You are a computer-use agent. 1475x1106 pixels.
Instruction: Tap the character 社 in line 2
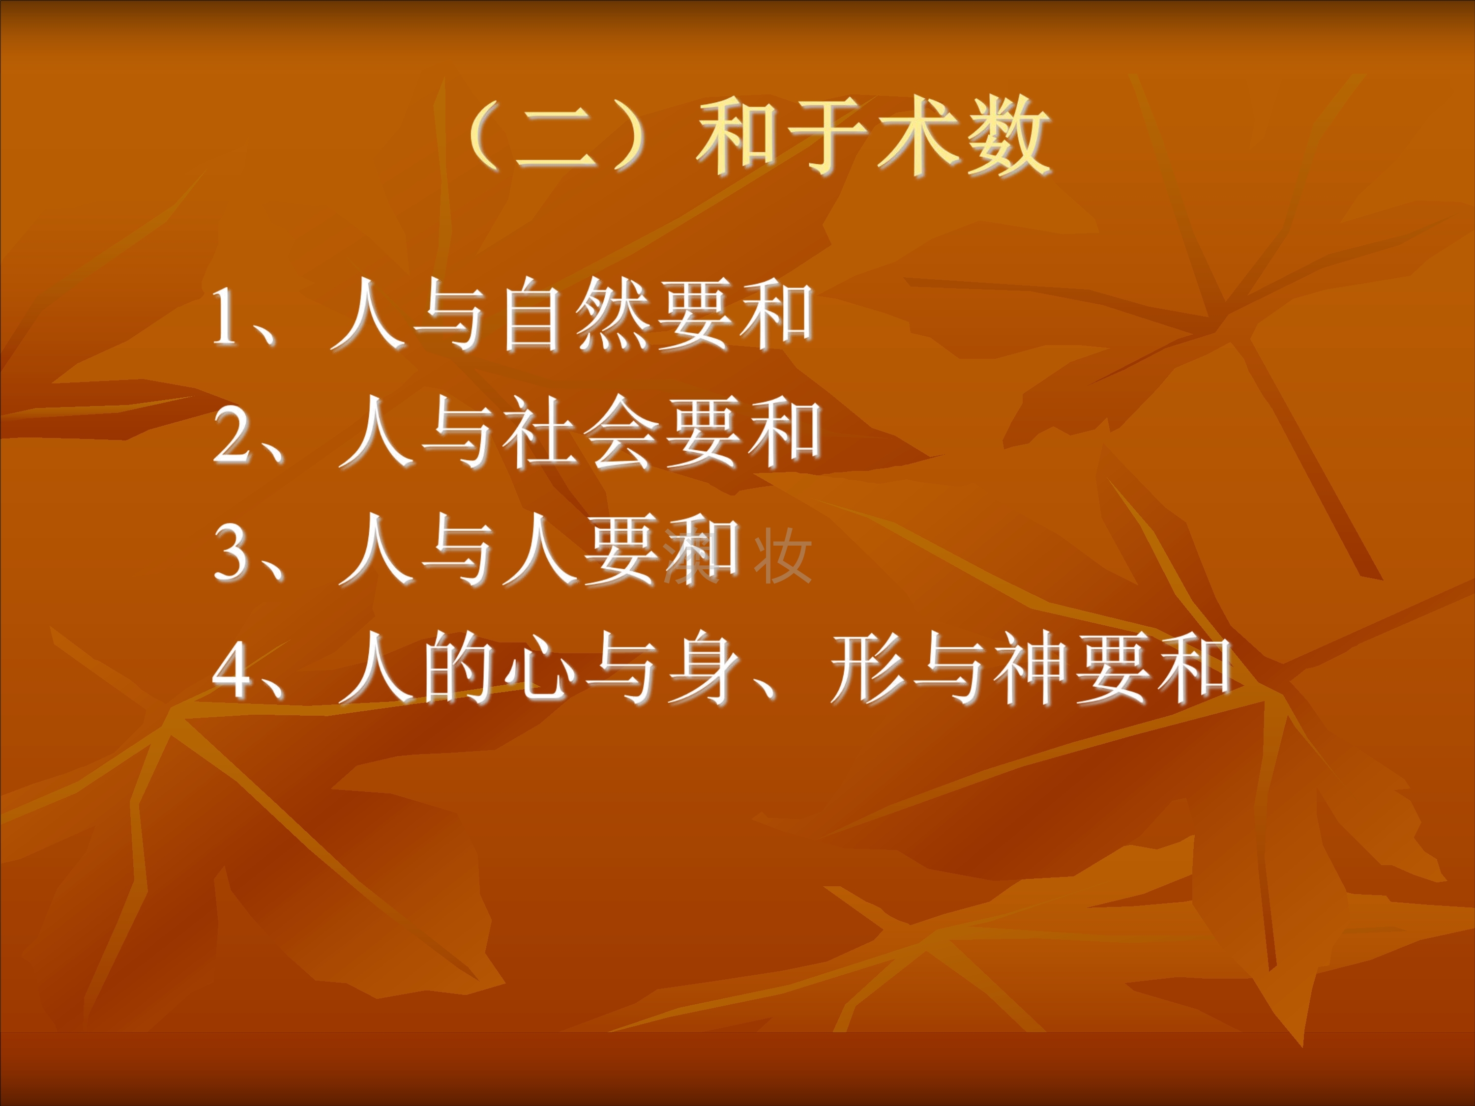coord(539,433)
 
